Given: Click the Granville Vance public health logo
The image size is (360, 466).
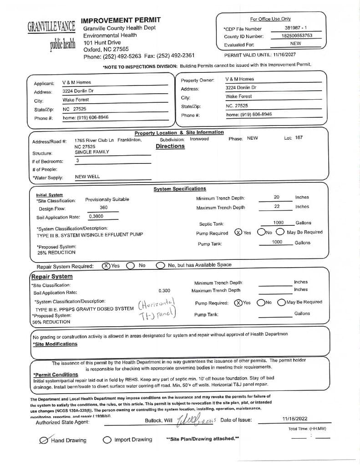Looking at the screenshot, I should tap(51, 35).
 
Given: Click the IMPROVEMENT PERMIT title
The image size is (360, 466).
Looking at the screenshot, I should tap(121, 20).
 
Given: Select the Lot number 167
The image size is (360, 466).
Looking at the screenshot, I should tap(299, 138).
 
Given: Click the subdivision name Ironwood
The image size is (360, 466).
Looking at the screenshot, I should tap(199, 139).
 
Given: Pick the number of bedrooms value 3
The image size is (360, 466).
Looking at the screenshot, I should tap(77, 161).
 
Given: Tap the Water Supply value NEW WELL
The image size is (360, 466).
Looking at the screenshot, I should tap(87, 177).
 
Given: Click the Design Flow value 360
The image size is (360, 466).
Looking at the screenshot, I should tap(103, 208).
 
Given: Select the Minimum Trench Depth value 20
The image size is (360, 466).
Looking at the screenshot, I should tap(276, 197).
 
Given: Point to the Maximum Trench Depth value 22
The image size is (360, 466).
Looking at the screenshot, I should tap(276, 207).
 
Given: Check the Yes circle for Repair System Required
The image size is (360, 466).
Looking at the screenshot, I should tap(106, 266).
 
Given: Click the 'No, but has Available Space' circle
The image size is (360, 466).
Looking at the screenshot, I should tap(160, 265).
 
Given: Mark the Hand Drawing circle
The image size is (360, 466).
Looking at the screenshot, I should tap(44, 440).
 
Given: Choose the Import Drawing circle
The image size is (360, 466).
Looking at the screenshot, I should tap(107, 440).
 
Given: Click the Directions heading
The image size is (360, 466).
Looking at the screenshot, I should tap(170, 147).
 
